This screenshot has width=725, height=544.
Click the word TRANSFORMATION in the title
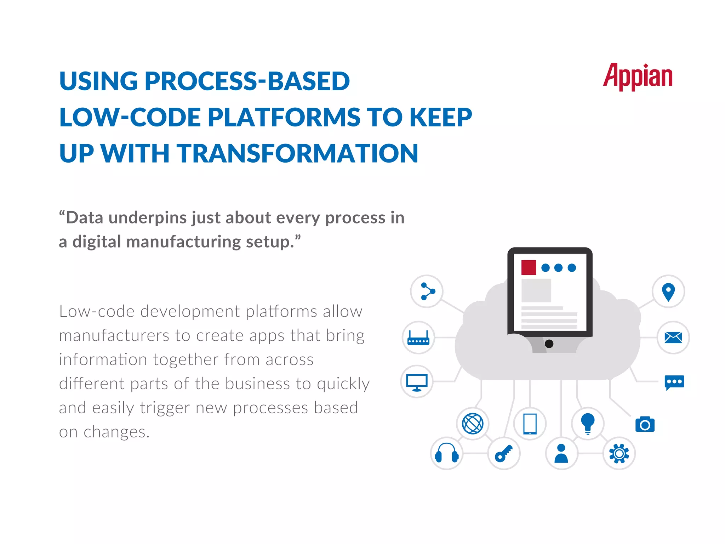[x=297, y=153]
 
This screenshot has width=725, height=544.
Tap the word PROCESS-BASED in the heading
[x=247, y=81]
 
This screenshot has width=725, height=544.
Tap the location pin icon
[x=668, y=292]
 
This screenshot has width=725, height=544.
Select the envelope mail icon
[x=673, y=338]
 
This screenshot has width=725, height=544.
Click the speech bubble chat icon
[x=674, y=382]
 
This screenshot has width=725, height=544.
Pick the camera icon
[x=645, y=424]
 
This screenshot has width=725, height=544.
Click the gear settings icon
[x=619, y=453]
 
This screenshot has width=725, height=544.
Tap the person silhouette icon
[x=561, y=453]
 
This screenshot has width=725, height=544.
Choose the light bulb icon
[x=588, y=423]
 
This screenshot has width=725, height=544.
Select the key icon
[x=504, y=453]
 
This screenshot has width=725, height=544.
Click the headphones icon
[x=447, y=453]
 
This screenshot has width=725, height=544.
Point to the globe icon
[x=473, y=424]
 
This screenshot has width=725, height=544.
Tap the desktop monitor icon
[x=417, y=382]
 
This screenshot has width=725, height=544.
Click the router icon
[x=418, y=338]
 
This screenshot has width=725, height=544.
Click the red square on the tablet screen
[x=529, y=267]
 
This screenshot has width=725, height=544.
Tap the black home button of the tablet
[x=549, y=344]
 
